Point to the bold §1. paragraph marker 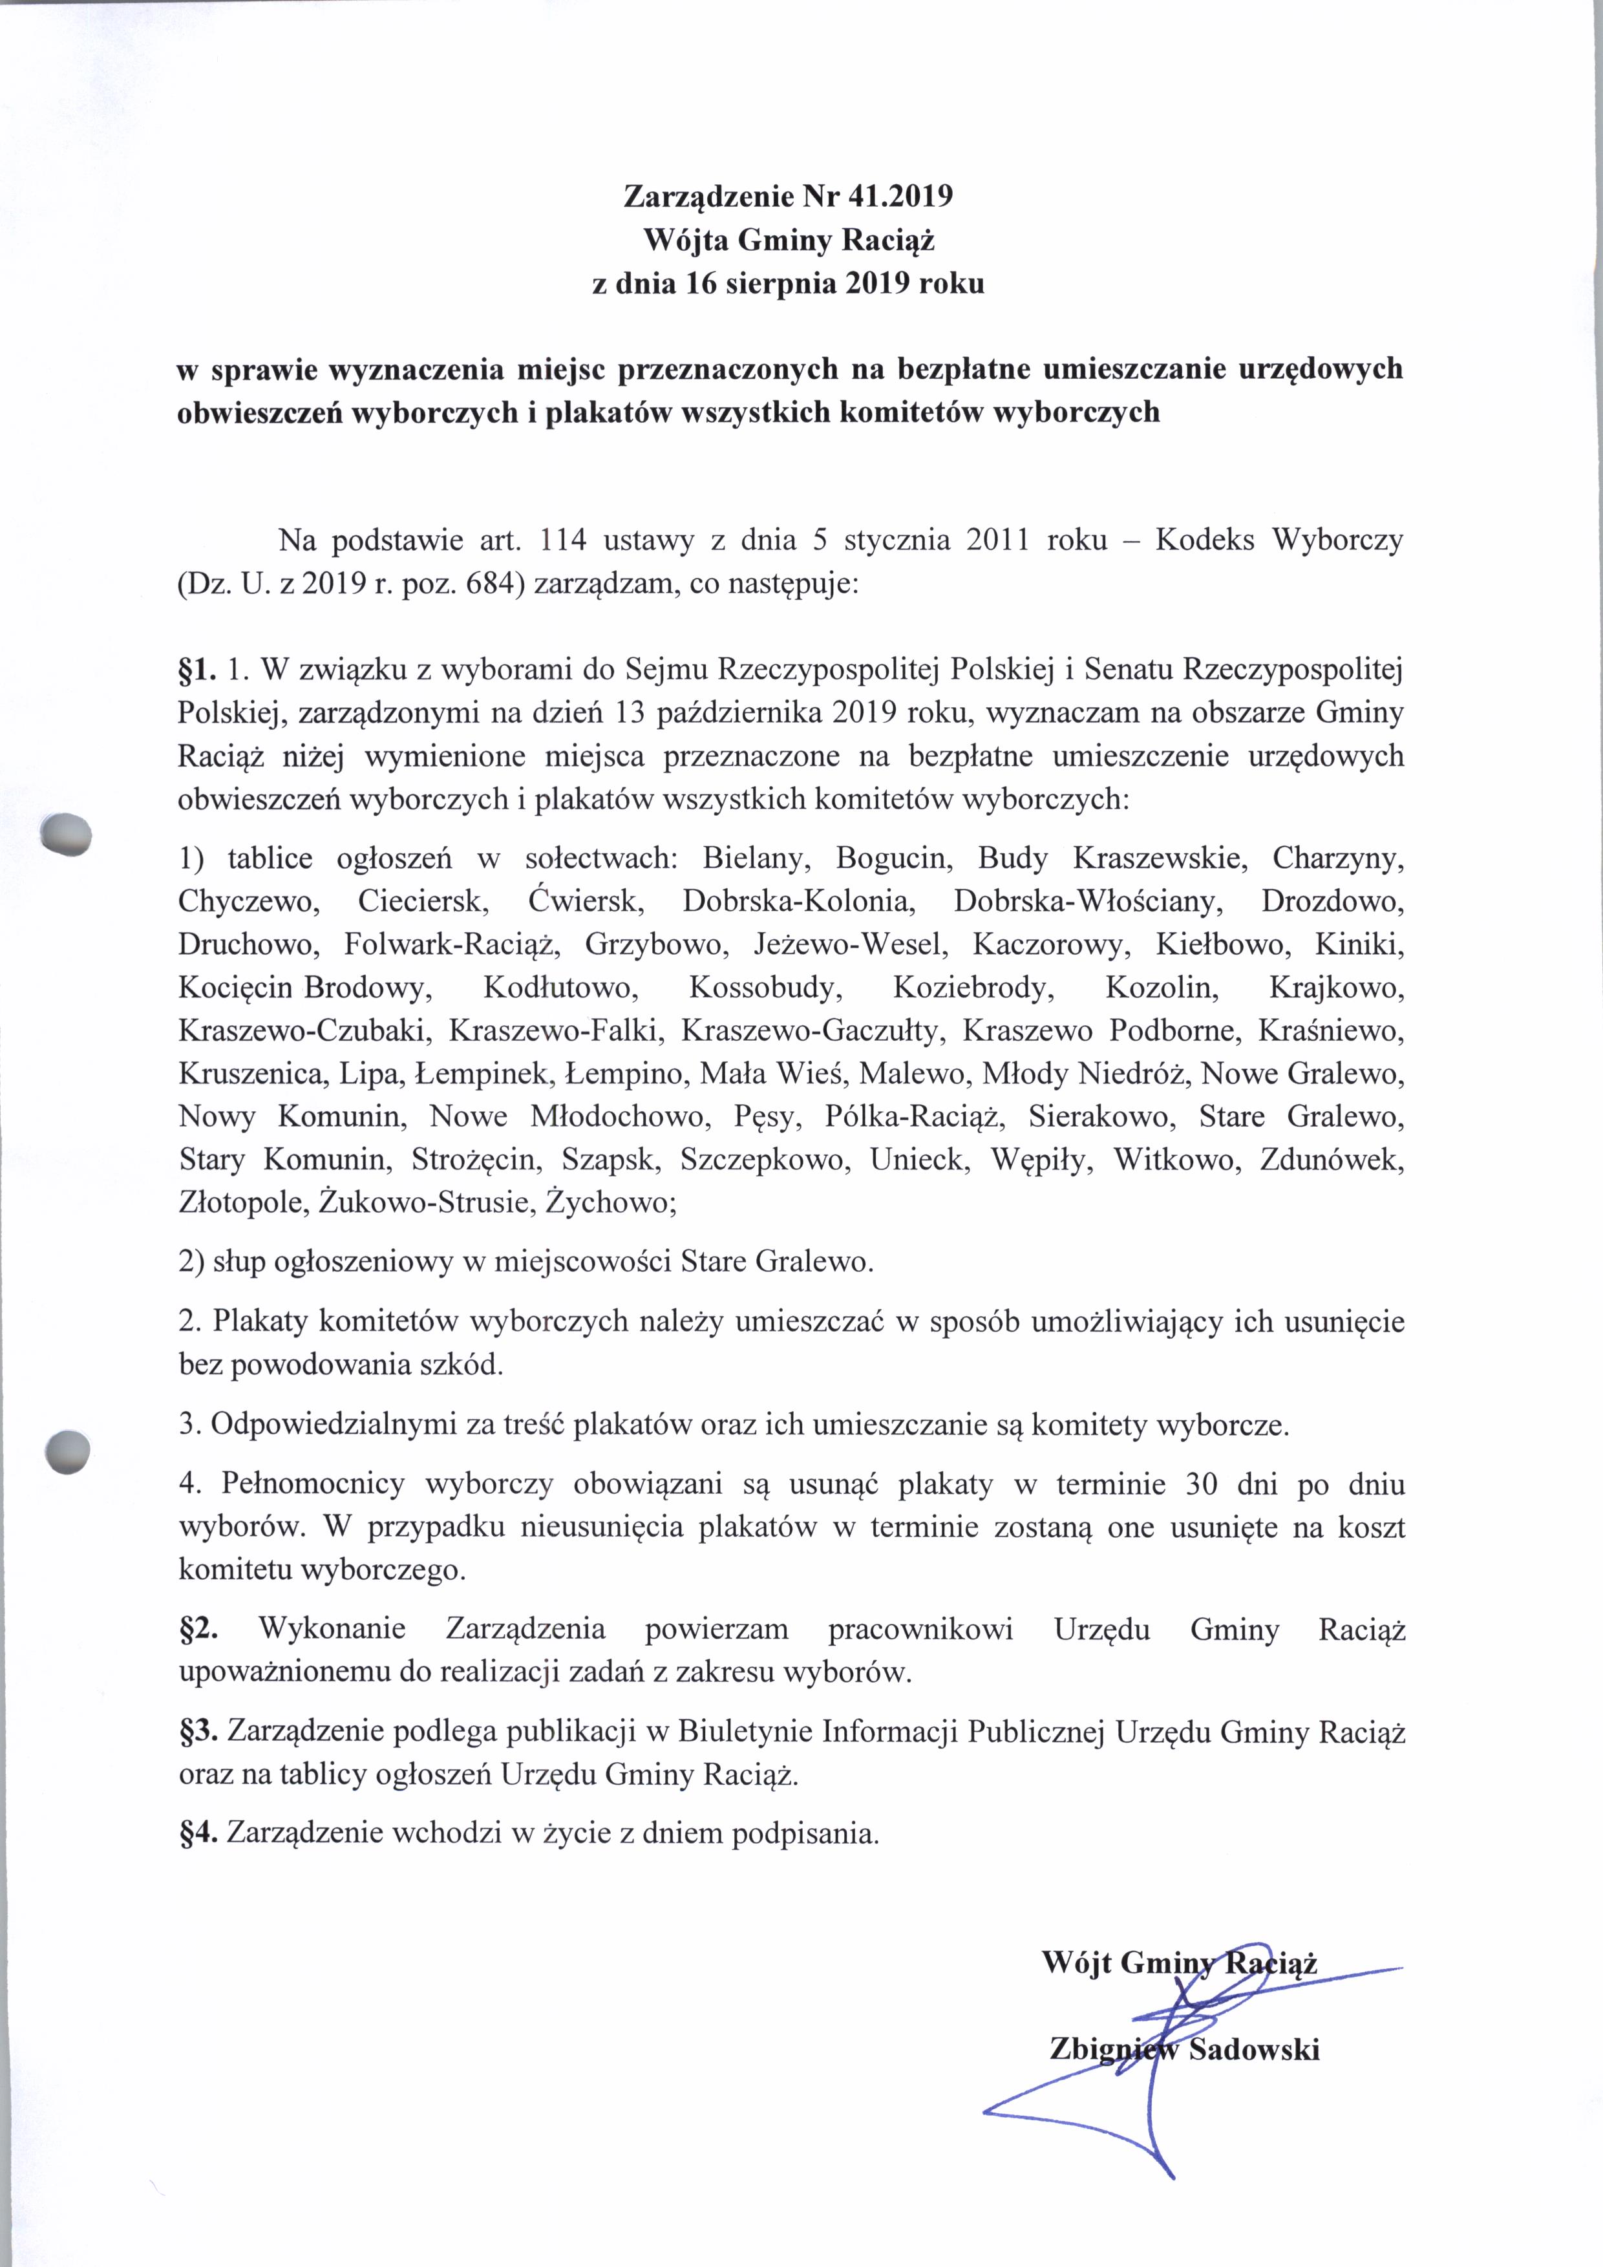tap(196, 670)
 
